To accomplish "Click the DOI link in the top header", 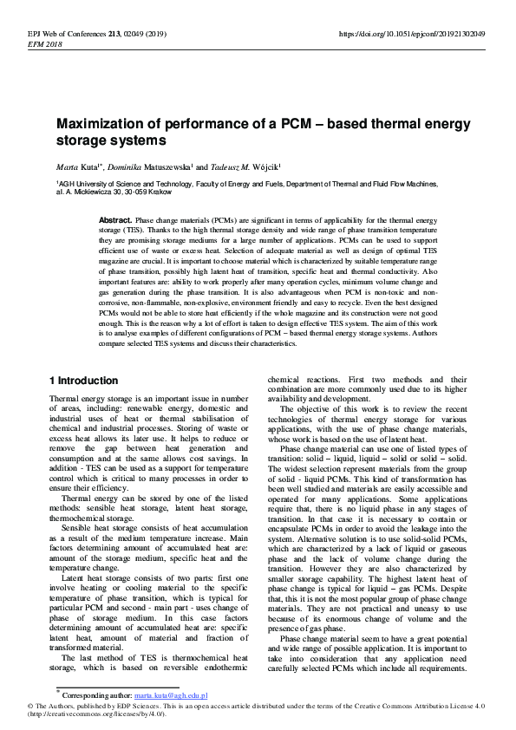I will coord(411,34).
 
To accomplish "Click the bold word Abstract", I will coord(115,221).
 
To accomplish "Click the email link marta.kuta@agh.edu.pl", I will coord(171,695).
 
